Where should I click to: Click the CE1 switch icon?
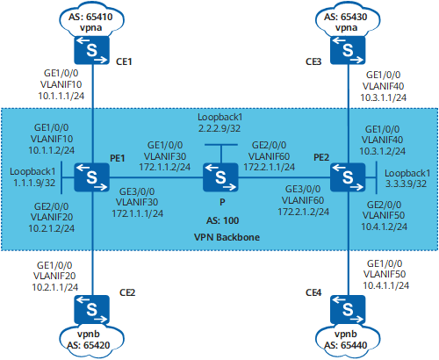tap(92, 50)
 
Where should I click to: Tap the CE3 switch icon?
tap(348, 50)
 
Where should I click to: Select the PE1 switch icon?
tap(92, 177)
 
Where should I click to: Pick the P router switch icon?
tap(220, 177)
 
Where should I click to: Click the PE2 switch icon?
tap(348, 177)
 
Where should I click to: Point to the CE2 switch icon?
tap(92, 309)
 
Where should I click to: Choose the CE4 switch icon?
tap(348, 309)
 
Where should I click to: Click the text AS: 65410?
tap(90, 17)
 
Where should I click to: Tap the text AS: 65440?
tap(346, 345)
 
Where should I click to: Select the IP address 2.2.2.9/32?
tap(219, 128)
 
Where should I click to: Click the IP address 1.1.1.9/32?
tap(34, 183)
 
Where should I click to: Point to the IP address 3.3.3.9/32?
tap(406, 184)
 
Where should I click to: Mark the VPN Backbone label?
tap(227, 237)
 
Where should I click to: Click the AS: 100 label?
tap(222, 220)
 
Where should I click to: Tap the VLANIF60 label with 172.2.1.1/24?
tap(269, 156)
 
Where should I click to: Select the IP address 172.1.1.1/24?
tap(137, 213)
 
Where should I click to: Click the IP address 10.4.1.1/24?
tap(386, 285)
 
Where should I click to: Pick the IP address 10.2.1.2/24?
tap(51, 228)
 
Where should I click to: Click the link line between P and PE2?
tap(284, 177)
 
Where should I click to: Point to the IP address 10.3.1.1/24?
tap(384, 97)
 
